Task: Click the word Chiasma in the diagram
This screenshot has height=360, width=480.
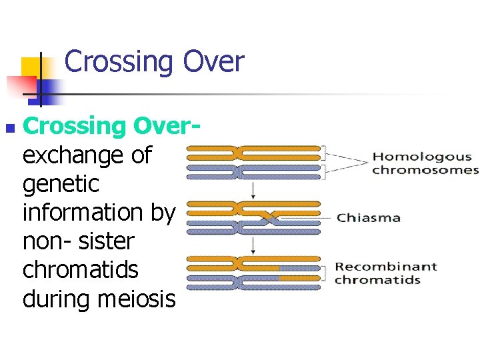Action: click(x=368, y=217)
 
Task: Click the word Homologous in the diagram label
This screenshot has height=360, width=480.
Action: click(x=421, y=157)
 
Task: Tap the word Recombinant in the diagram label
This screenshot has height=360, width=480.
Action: click(x=385, y=267)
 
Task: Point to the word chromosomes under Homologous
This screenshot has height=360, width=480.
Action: click(x=425, y=170)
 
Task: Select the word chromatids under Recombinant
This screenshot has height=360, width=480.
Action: click(x=377, y=279)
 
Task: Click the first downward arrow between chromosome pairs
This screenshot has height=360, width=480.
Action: click(x=253, y=190)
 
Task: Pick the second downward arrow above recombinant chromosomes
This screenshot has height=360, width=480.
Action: click(x=253, y=245)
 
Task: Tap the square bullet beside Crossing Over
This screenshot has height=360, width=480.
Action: click(x=8, y=126)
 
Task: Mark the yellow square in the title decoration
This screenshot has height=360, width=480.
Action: click(x=31, y=67)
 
